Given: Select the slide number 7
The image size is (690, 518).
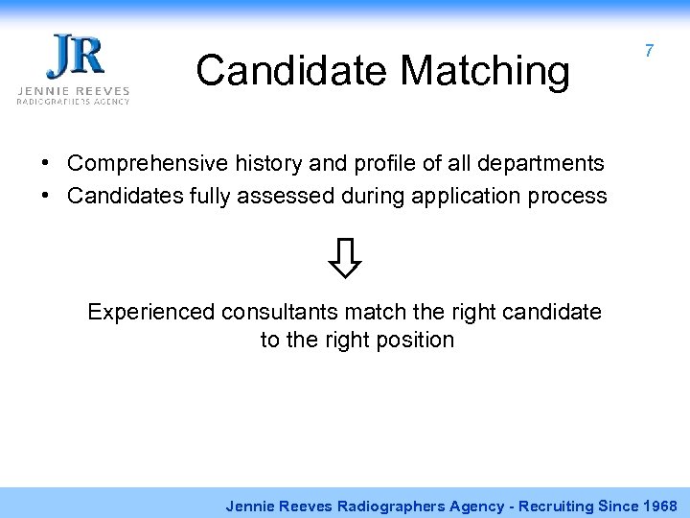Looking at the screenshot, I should click(649, 51).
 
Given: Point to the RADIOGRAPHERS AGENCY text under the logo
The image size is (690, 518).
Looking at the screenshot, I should click(73, 101).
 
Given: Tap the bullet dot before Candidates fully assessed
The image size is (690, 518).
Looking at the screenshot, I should click(46, 196).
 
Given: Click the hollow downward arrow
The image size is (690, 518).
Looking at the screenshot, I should click(347, 257).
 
